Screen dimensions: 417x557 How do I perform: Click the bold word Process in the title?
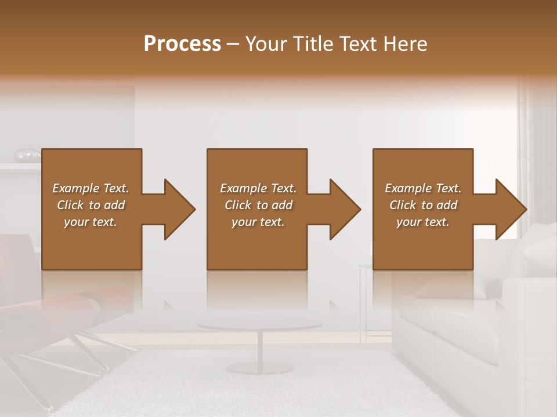pos(182,44)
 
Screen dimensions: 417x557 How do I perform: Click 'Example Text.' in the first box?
pos(91,188)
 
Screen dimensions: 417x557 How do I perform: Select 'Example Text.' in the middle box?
pos(258,188)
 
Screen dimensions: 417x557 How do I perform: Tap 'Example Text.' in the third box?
pos(423,188)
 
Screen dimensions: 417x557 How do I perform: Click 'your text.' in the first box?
pos(91,222)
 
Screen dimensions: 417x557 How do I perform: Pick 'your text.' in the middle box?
pos(258,222)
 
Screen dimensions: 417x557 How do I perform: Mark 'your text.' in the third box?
pos(423,222)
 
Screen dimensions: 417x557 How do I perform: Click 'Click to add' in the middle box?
pos(258,205)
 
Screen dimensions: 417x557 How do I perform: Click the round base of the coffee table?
pos(259,368)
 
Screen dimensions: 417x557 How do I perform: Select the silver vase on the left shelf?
pos(27,154)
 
